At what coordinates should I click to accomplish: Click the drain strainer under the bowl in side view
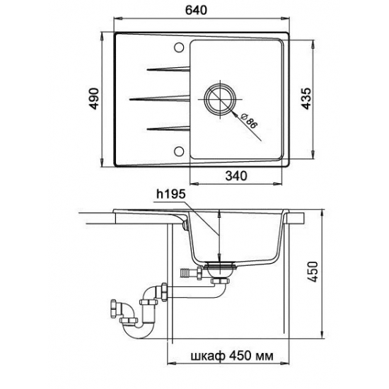221,269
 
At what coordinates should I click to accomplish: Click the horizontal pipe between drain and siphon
191,287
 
